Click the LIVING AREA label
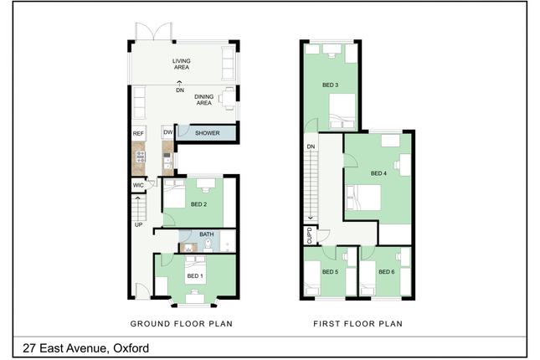click(182, 64)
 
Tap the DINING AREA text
click(204, 100)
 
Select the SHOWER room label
click(208, 133)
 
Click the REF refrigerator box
click(138, 133)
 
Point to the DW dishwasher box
click(167, 132)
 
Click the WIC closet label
click(138, 185)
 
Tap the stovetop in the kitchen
click(141, 157)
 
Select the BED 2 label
click(198, 204)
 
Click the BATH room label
click(207, 234)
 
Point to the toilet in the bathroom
click(208, 245)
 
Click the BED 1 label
click(195, 276)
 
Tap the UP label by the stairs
click(138, 225)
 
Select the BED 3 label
click(330, 85)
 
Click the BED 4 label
click(378, 173)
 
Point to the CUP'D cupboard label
click(309, 235)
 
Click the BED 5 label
click(330, 272)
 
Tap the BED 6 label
click(387, 272)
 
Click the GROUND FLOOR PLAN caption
click(182, 324)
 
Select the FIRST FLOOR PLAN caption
click(357, 324)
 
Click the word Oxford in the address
click(131, 348)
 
